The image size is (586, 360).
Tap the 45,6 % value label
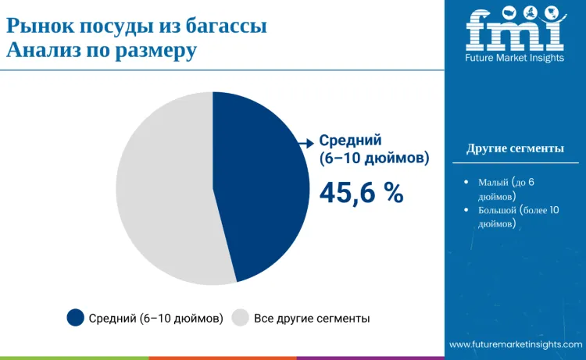361,193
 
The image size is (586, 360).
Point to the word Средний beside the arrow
350,141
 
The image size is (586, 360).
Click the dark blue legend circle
75,317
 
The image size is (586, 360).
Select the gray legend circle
241,317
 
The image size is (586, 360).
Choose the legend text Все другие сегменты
312,318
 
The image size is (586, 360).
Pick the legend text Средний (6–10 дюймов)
156,318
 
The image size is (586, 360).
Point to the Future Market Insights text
515,58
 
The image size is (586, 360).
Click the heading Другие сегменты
515,148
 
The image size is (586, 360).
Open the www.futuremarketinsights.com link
516,344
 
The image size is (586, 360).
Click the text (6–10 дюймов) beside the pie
374,159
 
